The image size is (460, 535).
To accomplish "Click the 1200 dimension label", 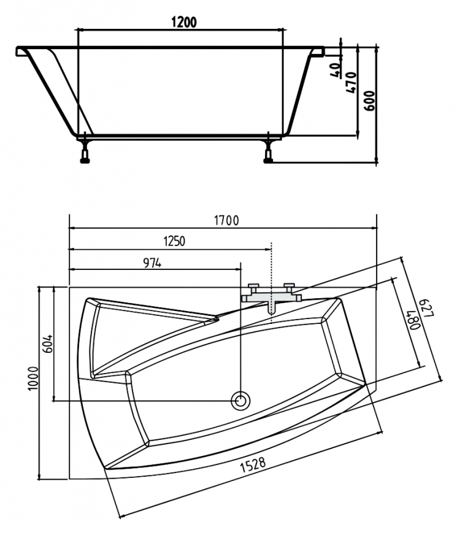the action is tap(184, 22).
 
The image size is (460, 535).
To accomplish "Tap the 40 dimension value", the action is tap(335, 70).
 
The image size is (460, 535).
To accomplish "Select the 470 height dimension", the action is tap(351, 83).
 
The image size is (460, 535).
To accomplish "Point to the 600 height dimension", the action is tap(369, 101).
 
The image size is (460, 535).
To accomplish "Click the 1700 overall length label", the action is tap(226, 221).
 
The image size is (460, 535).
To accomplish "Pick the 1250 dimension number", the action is tap(174, 241).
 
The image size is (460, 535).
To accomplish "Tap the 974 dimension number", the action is tap(152, 263).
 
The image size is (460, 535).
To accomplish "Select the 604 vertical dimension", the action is tap(49, 343).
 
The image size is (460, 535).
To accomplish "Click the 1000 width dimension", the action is tap(33, 379).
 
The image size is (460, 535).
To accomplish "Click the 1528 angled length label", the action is tap(253, 464).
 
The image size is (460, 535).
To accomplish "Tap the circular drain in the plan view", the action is tap(240, 400).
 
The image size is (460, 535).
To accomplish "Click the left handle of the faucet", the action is tap(253, 286).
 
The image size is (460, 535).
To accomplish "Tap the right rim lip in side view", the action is tap(318, 51).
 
